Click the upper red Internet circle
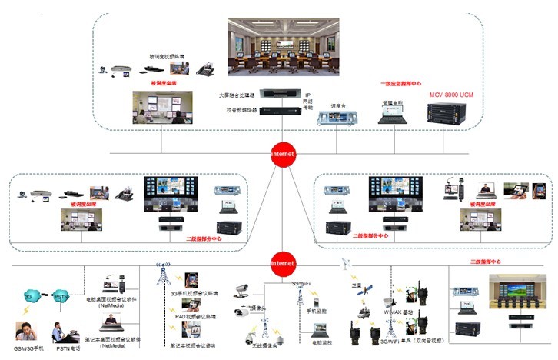point(282,153)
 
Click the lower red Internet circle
point(282,263)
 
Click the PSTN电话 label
point(68,348)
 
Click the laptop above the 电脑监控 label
point(319,325)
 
